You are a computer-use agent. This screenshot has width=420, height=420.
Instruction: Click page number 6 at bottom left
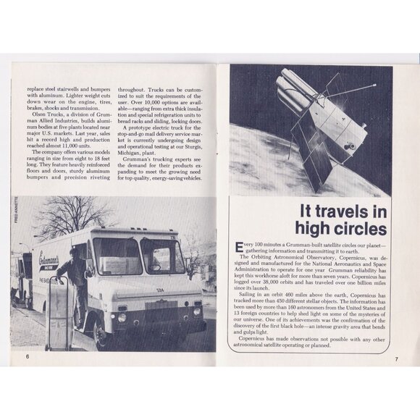click(x=27, y=356)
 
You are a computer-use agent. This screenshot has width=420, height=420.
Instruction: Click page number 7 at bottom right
click(x=396, y=358)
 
